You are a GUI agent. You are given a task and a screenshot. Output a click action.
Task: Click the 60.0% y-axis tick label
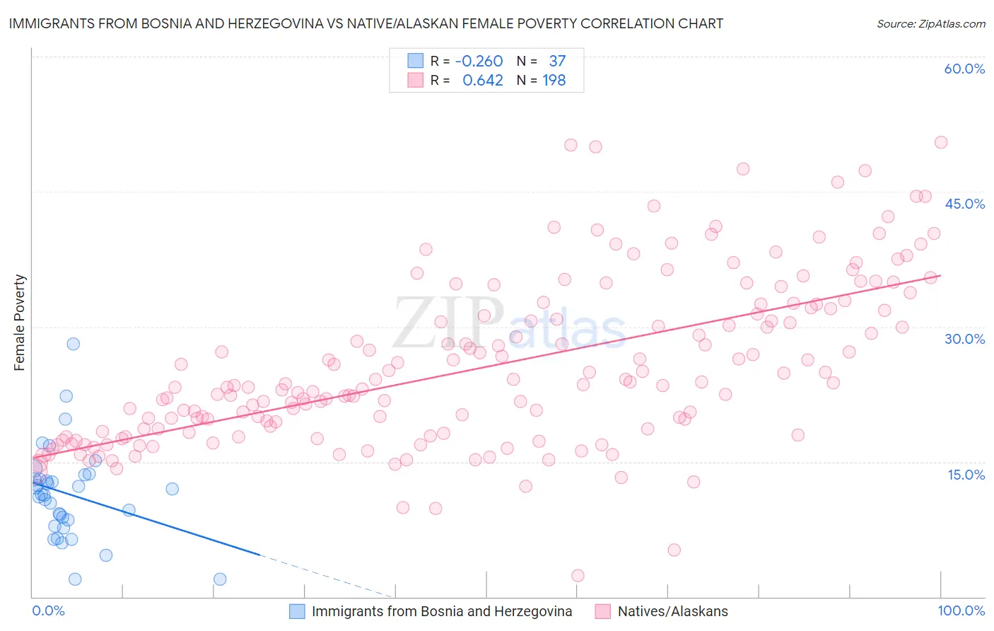[964, 69]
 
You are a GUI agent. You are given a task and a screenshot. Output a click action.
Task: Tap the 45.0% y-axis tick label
[964, 204]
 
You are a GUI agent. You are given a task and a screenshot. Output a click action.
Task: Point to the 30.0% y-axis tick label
[964, 339]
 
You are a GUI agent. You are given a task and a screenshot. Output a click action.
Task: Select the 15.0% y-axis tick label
[966, 475]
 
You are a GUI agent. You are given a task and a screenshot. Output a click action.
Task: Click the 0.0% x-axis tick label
[48, 610]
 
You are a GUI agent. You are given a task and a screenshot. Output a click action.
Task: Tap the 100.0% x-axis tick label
[961, 610]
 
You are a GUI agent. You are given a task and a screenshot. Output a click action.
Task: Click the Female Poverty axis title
[20, 323]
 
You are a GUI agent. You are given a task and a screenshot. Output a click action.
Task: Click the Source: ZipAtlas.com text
[930, 23]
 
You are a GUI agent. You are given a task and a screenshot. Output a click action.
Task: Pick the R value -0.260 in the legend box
[479, 62]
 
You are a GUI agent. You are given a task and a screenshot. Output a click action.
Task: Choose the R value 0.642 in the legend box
[482, 81]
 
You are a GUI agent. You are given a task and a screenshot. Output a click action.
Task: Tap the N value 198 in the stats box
[554, 81]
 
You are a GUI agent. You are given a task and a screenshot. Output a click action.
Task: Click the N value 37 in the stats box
[557, 62]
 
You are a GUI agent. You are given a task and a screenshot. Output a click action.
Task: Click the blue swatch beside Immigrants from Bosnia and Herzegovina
[297, 611]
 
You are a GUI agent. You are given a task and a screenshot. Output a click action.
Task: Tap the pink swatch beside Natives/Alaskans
[602, 611]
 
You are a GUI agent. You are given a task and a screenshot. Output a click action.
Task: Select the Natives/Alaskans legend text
[672, 611]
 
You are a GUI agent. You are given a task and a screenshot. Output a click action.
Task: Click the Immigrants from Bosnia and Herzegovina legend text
[442, 611]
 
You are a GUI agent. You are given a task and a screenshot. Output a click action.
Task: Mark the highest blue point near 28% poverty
[73, 344]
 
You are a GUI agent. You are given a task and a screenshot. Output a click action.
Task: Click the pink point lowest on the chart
[578, 576]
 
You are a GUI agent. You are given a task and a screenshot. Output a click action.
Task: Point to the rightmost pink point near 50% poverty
[940, 142]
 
